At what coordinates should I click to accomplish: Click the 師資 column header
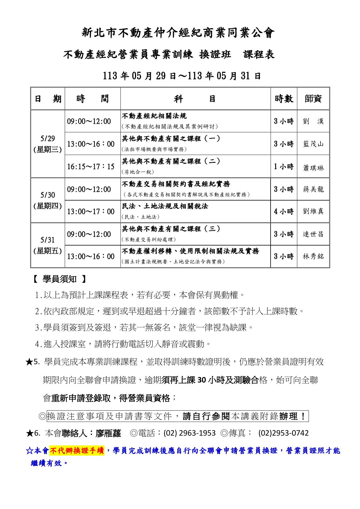(x=313, y=99)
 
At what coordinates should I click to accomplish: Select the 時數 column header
(x=284, y=99)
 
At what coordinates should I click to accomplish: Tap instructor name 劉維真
(x=313, y=211)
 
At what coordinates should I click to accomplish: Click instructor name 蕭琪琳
(x=313, y=168)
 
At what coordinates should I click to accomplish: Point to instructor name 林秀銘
(x=313, y=257)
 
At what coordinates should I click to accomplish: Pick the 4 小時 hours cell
(x=284, y=211)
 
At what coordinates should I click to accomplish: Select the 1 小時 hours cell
(x=284, y=167)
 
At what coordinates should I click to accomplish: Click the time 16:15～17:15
(x=91, y=167)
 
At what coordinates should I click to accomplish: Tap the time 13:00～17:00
(x=91, y=212)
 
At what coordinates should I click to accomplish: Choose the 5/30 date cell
(x=48, y=200)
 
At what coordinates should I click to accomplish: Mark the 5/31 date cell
(x=48, y=245)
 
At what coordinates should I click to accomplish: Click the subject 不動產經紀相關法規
(x=154, y=116)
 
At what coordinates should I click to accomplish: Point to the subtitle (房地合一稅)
(x=138, y=172)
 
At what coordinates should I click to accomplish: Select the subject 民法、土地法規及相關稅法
(x=165, y=206)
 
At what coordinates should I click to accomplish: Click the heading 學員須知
(x=59, y=279)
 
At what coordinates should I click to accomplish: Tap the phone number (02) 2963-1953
(x=190, y=433)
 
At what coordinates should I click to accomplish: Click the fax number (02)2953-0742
(x=283, y=433)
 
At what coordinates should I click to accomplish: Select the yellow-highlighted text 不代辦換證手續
(x=77, y=451)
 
